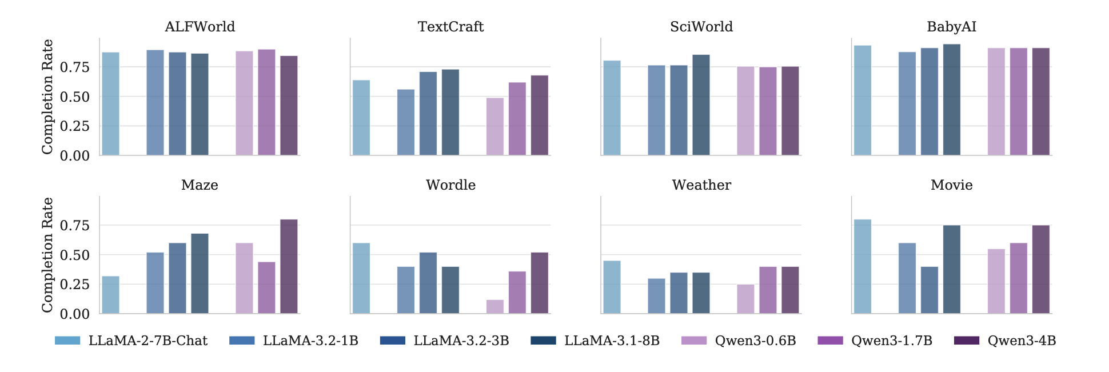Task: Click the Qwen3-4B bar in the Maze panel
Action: point(289,266)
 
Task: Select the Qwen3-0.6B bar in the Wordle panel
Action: point(495,307)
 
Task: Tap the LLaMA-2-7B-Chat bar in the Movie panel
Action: point(863,266)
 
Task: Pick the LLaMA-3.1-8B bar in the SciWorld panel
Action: point(701,105)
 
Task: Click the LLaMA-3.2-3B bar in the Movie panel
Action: point(930,290)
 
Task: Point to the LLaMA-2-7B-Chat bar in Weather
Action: point(612,287)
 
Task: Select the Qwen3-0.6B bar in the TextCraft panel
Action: point(495,127)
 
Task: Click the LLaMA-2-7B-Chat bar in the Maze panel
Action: point(110,295)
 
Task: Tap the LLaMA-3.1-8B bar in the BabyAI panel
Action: point(952,100)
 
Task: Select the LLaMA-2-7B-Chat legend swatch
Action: point(67,341)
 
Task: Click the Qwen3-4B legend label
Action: point(1022,341)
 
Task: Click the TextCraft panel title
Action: point(450,27)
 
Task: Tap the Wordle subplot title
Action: point(450,185)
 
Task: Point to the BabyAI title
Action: point(951,27)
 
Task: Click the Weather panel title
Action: point(701,185)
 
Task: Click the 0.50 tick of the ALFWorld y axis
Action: point(75,97)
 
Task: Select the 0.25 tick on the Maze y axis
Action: point(75,285)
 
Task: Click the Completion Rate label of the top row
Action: point(47,97)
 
